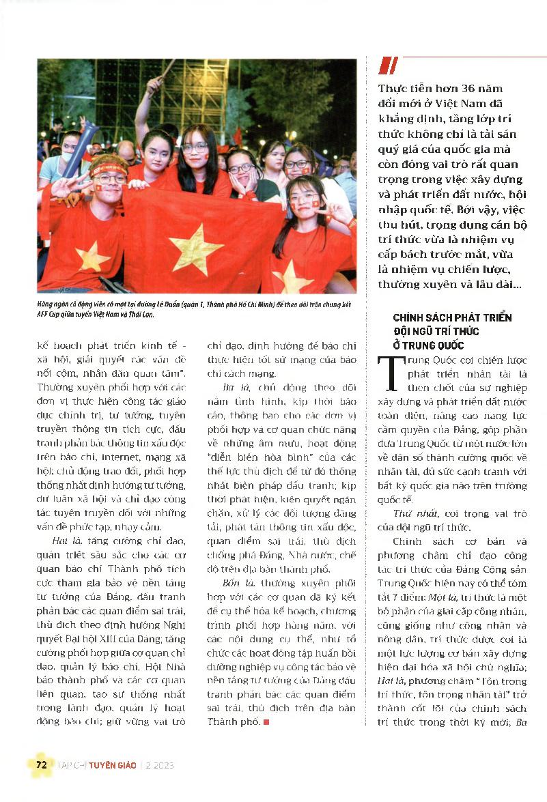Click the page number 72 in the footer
pos(42,764)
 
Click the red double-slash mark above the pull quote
pos(388,66)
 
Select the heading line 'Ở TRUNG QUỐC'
pos(428,345)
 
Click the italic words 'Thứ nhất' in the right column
pos(412,513)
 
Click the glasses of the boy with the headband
pos(109,178)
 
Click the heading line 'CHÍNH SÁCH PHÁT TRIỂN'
pos(452,318)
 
